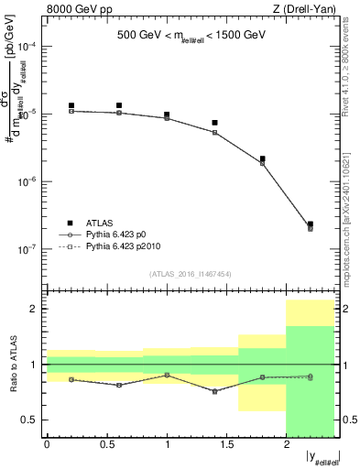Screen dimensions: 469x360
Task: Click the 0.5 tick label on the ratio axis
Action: [x=30, y=420]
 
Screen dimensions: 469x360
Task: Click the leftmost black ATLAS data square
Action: [x=71, y=106]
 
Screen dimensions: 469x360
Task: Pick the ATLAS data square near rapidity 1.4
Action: [x=214, y=123]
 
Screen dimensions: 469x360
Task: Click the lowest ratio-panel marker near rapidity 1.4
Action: [x=214, y=391]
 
